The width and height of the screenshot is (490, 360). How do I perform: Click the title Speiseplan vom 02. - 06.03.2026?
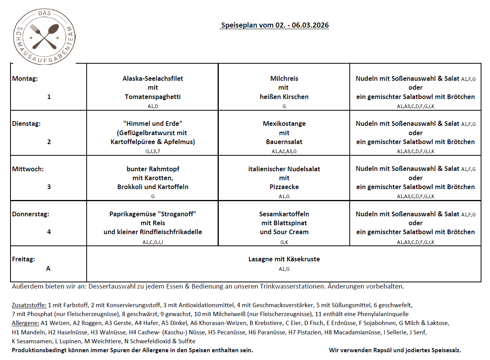[x=274, y=26]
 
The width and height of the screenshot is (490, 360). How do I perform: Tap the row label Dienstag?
[x=26, y=123]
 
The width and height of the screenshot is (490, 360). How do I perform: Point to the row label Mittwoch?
[x=28, y=169]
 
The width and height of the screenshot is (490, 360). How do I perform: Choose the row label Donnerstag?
[x=31, y=214]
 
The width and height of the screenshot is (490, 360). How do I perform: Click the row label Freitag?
[x=24, y=259]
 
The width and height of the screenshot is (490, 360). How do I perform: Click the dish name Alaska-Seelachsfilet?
[x=153, y=78]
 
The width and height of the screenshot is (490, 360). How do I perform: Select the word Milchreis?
[x=284, y=78]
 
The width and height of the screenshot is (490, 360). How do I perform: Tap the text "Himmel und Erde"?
[x=153, y=123]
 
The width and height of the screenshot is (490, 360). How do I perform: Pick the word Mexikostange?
[x=284, y=123]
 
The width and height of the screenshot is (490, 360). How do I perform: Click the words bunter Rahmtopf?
[x=153, y=169]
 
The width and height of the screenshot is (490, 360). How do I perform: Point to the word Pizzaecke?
[x=284, y=187]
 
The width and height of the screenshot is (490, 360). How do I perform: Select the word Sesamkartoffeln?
[x=284, y=214]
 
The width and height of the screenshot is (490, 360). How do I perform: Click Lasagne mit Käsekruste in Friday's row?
[x=284, y=259]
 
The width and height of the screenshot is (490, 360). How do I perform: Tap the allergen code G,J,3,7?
[x=153, y=151]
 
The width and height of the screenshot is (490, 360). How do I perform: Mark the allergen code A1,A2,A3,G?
[x=284, y=151]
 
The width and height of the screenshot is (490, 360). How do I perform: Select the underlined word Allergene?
[x=26, y=323]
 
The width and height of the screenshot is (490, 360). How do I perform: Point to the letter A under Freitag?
[x=48, y=268]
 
